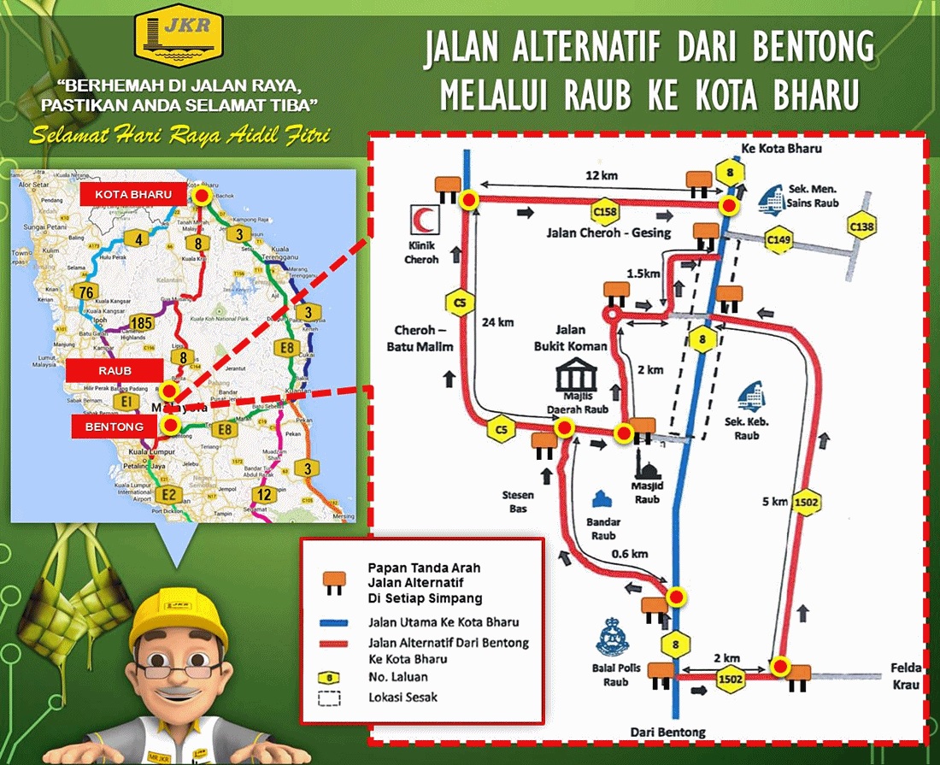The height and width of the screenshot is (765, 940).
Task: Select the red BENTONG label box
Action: (x=114, y=426)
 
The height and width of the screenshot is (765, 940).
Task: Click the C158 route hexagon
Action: (x=605, y=212)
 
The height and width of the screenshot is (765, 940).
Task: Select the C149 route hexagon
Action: (x=778, y=242)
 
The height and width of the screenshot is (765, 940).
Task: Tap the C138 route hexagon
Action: (x=862, y=225)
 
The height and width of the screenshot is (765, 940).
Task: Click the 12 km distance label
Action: (x=601, y=175)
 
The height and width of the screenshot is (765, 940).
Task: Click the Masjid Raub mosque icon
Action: (x=647, y=471)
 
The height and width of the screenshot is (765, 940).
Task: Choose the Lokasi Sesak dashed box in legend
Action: (x=329, y=697)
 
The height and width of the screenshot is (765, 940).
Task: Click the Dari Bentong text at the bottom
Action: (x=668, y=732)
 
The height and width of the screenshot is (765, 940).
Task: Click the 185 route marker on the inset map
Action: (x=143, y=323)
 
